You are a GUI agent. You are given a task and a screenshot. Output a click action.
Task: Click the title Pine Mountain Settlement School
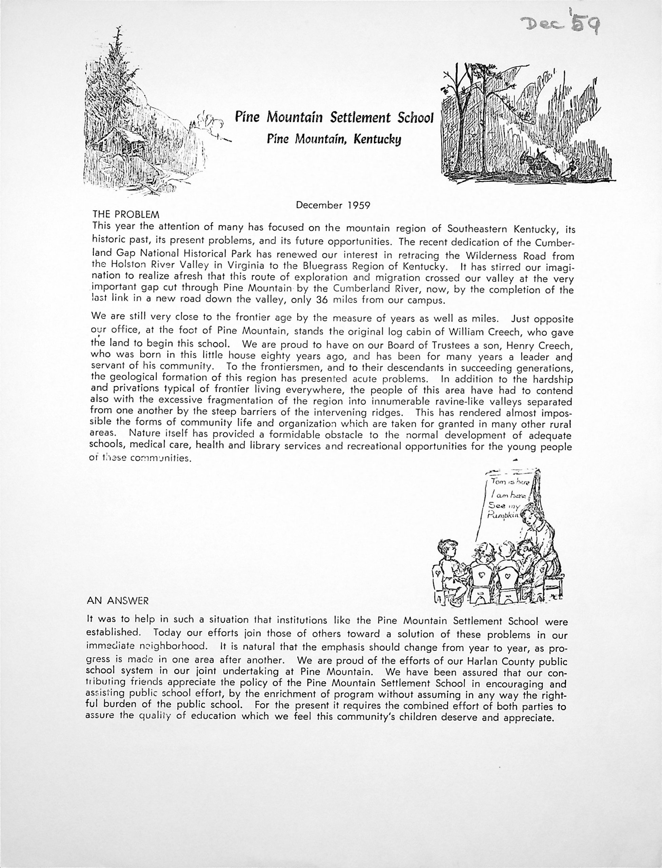click(x=334, y=117)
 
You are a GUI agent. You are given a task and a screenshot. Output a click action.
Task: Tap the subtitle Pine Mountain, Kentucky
click(x=334, y=139)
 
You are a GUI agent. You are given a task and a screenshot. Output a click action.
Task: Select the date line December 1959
click(x=333, y=205)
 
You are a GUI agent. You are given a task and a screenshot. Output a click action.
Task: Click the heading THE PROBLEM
click(x=126, y=215)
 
